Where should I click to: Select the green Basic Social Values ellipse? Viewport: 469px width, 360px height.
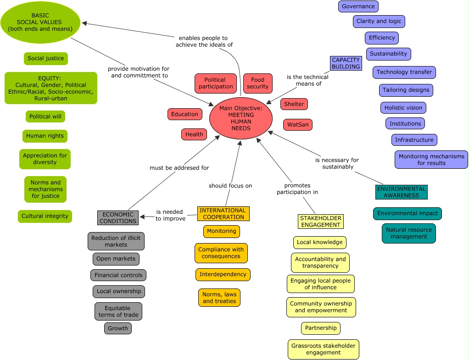40,22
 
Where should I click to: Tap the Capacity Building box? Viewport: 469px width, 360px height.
346,63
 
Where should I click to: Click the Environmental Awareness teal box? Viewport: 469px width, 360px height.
401,192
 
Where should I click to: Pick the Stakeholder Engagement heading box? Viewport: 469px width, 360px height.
320,222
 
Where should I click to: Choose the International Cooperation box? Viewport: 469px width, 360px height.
223,214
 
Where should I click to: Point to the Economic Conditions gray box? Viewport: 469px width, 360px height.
118,218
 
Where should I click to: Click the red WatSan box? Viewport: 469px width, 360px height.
297,125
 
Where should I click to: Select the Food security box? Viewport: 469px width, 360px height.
257,83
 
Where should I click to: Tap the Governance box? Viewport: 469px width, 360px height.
358,6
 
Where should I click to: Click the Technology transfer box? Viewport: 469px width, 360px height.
404,72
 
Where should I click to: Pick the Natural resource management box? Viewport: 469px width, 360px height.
408,233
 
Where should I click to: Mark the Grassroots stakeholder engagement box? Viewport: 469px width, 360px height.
323,349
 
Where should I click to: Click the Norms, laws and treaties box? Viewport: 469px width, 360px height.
219,298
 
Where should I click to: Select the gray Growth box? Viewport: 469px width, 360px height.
118,328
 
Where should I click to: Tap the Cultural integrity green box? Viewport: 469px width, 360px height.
45,216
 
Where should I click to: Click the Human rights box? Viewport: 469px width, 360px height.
45,136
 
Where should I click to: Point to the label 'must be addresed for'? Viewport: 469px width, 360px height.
179,168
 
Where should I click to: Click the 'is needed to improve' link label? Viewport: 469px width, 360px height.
170,216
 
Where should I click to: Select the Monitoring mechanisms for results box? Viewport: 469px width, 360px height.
431,160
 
